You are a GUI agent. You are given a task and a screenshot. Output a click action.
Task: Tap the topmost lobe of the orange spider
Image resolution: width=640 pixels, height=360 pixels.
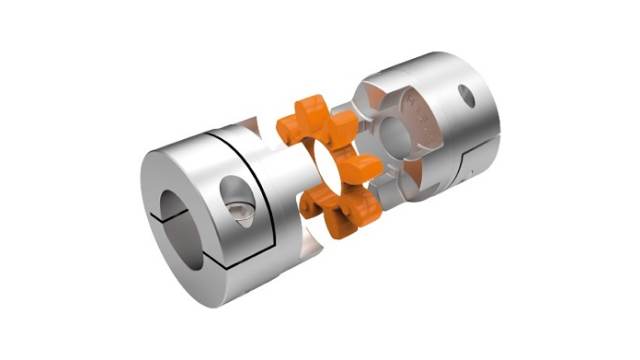pyautogui.click(x=309, y=108)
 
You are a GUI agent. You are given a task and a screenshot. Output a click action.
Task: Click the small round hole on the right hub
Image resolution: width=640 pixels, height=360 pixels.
pyautogui.click(x=467, y=97)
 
